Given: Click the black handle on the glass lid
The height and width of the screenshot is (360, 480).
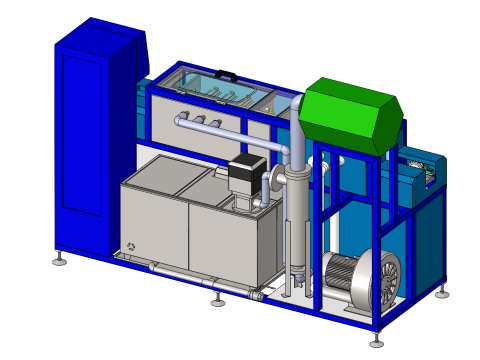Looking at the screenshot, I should click(227, 73).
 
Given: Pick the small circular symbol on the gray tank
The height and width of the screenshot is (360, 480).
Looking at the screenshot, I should click(131, 246).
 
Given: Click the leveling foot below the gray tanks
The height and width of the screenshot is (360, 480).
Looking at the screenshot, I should click(218, 299).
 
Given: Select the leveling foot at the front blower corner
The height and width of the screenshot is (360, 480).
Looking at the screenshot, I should click(376, 337).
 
